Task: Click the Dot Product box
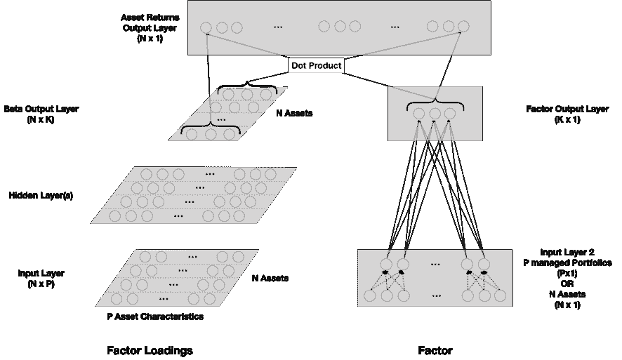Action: (316, 65)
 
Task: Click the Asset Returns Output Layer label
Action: (150, 28)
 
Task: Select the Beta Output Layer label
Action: (41, 114)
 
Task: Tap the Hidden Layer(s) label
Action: (41, 196)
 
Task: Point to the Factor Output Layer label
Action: (567, 114)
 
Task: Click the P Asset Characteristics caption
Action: (155, 316)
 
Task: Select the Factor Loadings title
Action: (150, 350)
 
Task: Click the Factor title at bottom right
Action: (435, 350)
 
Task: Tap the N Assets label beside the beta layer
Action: (294, 114)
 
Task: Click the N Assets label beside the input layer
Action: (270, 279)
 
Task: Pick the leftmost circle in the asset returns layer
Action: (206, 28)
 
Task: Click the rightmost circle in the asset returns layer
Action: (463, 27)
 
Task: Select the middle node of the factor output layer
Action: (435, 114)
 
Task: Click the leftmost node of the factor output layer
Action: (419, 114)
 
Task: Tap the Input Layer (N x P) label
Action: (41, 279)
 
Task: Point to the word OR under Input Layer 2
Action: (567, 284)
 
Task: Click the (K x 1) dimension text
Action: (567, 119)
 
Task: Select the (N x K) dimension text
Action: (41, 119)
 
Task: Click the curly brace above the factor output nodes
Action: (435, 104)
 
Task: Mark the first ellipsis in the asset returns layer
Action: (278, 27)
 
